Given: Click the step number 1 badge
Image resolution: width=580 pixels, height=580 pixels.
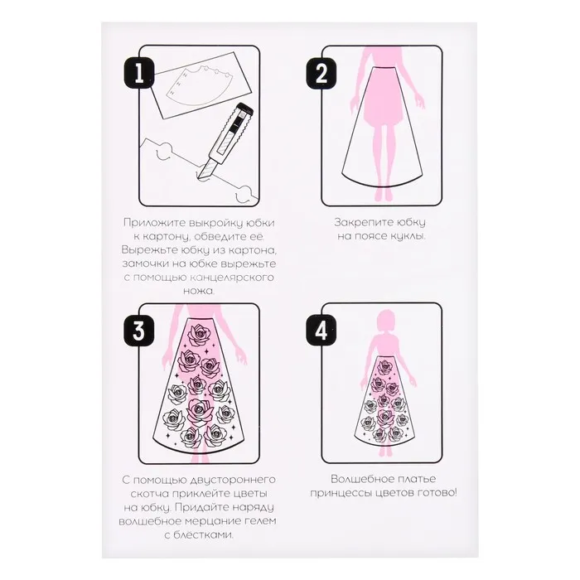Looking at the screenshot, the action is [x=138, y=73].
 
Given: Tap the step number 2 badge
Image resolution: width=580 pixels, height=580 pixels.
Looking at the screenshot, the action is [x=321, y=73].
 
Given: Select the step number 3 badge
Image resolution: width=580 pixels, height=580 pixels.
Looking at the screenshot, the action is [x=138, y=331].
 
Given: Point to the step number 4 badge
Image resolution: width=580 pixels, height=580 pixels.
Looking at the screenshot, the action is [x=321, y=331].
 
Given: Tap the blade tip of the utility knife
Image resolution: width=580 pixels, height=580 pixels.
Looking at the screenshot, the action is [x=198, y=179].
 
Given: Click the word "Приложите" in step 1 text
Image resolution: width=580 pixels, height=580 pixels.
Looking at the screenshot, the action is [x=154, y=224].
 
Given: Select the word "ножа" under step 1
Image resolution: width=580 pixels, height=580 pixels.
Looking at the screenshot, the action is [x=198, y=291].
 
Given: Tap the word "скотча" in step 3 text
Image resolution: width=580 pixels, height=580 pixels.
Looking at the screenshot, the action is [x=150, y=494].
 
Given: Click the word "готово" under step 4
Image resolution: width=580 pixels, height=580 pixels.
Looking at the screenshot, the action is [x=437, y=494].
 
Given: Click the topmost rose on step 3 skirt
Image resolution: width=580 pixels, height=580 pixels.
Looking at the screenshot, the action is [x=199, y=334].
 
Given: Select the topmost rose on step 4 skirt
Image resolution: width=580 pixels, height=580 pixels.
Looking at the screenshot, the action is [x=385, y=366].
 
